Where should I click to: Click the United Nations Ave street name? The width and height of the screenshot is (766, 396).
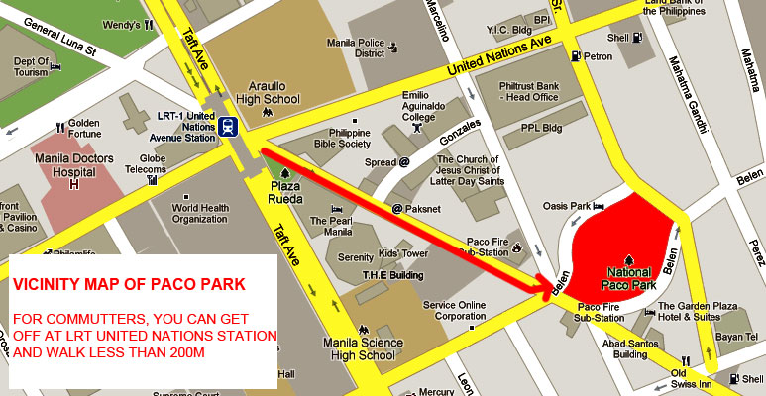(498, 54)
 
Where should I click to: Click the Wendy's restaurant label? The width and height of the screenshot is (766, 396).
(121, 24)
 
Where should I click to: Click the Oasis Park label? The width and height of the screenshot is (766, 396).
(566, 206)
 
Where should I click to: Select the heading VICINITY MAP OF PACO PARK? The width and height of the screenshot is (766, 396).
(130, 284)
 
